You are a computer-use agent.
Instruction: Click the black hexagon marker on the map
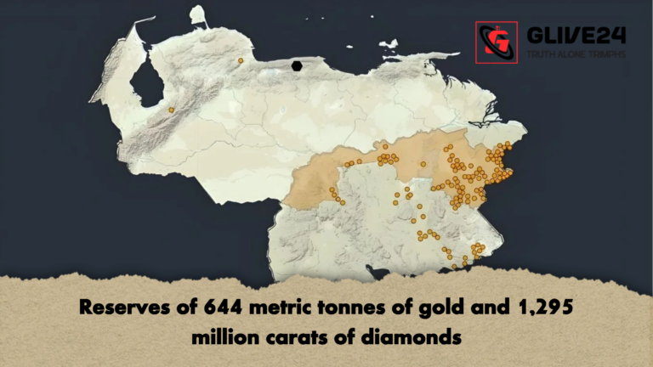[x=297, y=66]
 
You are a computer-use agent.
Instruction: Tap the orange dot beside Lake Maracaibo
[x=171, y=110]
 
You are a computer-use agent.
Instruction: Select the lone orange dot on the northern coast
[x=241, y=61]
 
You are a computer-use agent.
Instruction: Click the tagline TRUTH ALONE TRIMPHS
[x=576, y=54]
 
